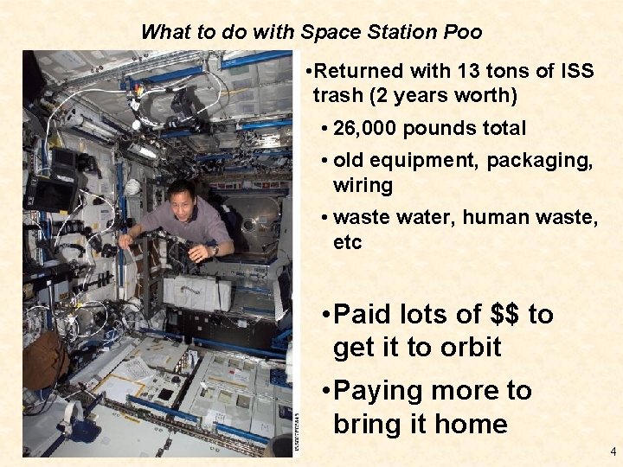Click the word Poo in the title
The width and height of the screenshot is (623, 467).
point(462,32)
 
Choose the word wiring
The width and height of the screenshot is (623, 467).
point(363,185)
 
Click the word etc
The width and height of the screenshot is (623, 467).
point(347,242)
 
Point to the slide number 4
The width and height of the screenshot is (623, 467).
point(613,451)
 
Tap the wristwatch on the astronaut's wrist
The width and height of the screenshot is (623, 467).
point(214,250)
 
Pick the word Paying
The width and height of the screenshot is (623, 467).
point(380,391)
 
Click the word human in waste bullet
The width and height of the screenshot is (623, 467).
point(493,218)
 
